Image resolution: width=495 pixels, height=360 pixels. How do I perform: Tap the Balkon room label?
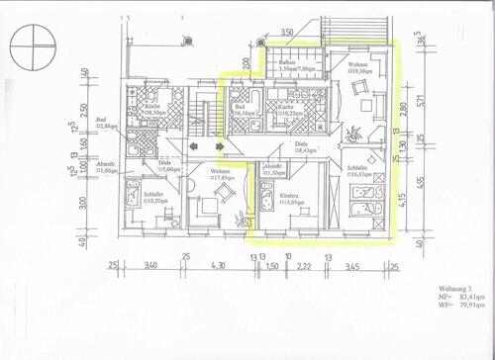tap(288, 61)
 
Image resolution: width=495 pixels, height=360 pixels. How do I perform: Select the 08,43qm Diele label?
tap(302, 148)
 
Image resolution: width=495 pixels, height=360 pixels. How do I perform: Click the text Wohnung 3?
tap(451, 287)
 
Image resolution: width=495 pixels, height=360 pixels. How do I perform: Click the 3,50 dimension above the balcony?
tap(287, 34)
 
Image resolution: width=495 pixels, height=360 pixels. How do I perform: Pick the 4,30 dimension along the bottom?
tap(220, 265)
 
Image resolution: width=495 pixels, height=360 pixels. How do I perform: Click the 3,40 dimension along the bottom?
tap(151, 265)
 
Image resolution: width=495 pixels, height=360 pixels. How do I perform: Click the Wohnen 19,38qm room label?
tap(357, 68)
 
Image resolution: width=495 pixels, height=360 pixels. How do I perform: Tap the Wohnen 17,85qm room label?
tap(222, 175)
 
